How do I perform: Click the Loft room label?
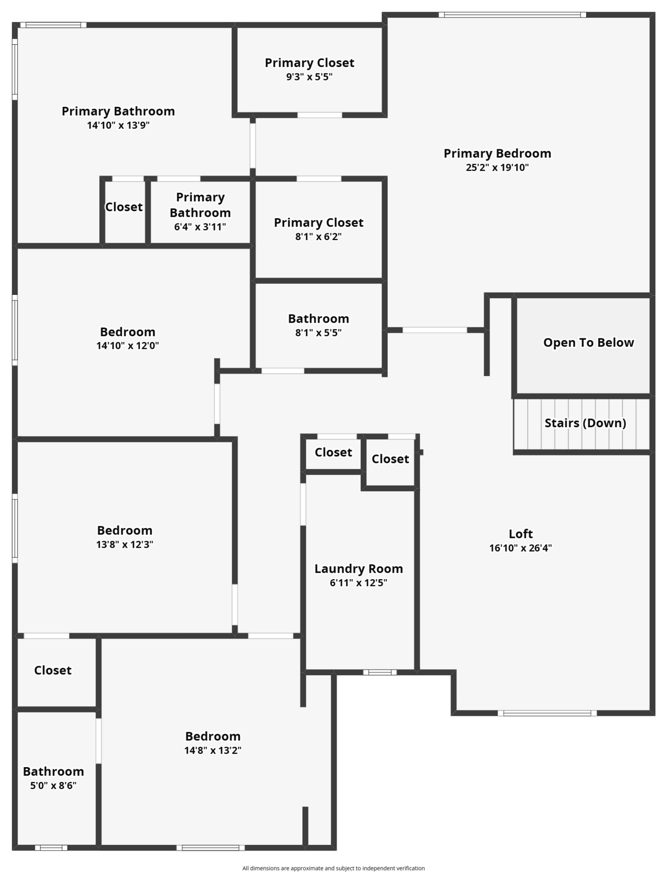[520, 533]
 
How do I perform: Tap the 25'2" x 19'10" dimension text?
[497, 167]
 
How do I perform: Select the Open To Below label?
[588, 342]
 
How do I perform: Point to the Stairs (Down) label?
[585, 423]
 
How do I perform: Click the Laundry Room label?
[359, 569]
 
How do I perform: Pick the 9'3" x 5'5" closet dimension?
[309, 77]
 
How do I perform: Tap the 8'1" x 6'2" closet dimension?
[319, 236]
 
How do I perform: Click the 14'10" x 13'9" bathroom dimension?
[118, 125]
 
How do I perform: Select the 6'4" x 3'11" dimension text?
[200, 227]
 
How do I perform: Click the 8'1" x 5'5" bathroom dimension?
[319, 333]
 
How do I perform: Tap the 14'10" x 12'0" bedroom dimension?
[127, 346]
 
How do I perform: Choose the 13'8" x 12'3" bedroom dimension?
[125, 544]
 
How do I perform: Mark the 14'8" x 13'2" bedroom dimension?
[213, 750]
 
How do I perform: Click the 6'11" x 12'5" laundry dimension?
[359, 582]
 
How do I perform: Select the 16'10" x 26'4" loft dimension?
[520, 548]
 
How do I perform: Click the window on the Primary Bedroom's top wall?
[512, 15]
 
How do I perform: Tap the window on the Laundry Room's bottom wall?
[380, 672]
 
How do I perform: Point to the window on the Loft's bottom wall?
[547, 713]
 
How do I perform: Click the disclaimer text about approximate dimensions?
[333, 868]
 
